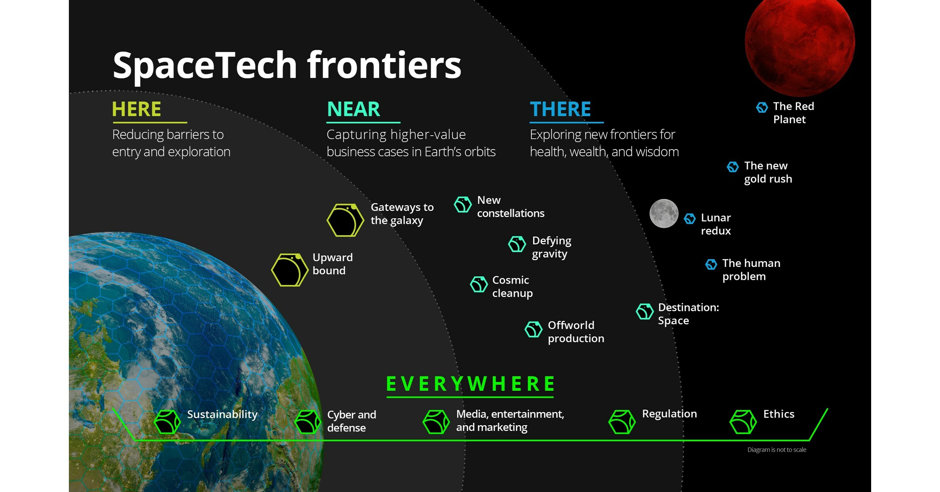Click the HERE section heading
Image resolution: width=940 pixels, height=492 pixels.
pyautogui.click(x=137, y=109)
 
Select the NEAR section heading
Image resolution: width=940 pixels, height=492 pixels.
pyautogui.click(x=353, y=109)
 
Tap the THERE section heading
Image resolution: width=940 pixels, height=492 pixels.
pyautogui.click(x=560, y=109)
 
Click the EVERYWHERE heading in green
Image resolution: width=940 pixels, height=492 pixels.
pyautogui.click(x=470, y=384)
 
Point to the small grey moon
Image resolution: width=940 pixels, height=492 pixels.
pyautogui.click(x=664, y=214)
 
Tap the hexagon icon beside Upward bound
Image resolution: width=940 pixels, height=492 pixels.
pyautogui.click(x=290, y=270)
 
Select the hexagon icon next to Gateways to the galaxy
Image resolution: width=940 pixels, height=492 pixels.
pyautogui.click(x=345, y=220)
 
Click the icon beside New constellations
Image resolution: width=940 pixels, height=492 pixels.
pyautogui.click(x=463, y=204)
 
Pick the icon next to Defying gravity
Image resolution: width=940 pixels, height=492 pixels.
pyautogui.click(x=517, y=244)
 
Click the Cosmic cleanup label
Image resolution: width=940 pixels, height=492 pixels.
pyautogui.click(x=512, y=286)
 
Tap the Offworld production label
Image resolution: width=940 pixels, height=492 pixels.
pyautogui.click(x=575, y=331)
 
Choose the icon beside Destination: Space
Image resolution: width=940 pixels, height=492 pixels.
pyautogui.click(x=644, y=312)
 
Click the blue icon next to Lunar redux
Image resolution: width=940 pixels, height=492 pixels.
pyautogui.click(x=690, y=218)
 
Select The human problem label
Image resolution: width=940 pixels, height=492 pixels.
pyautogui.click(x=751, y=269)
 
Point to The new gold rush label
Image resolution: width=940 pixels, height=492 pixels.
pyautogui.click(x=768, y=172)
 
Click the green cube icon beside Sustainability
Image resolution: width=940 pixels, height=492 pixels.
pyautogui.click(x=167, y=422)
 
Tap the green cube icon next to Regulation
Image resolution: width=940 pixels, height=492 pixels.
pyautogui.click(x=622, y=422)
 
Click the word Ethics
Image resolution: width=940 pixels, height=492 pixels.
pyautogui.click(x=779, y=414)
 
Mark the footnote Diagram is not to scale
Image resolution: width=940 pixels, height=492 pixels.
pyautogui.click(x=777, y=450)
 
